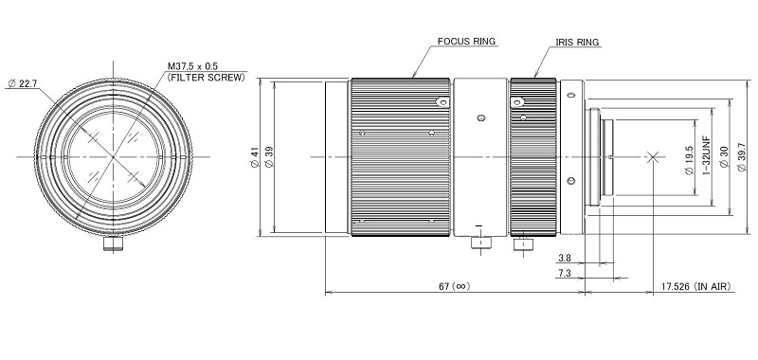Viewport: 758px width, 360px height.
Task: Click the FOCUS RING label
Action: (x=466, y=42)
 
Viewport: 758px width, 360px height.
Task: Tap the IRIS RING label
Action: (x=577, y=43)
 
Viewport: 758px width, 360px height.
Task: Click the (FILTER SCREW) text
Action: (x=207, y=77)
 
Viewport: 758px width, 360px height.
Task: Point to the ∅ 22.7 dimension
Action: (x=23, y=83)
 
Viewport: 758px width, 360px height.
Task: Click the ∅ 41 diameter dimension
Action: (x=257, y=157)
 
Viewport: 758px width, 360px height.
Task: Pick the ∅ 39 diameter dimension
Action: (x=270, y=157)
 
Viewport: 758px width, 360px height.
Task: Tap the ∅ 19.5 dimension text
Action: (x=691, y=161)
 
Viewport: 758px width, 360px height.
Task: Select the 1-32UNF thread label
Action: (x=706, y=157)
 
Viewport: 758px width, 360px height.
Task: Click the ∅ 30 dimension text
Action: (x=724, y=157)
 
